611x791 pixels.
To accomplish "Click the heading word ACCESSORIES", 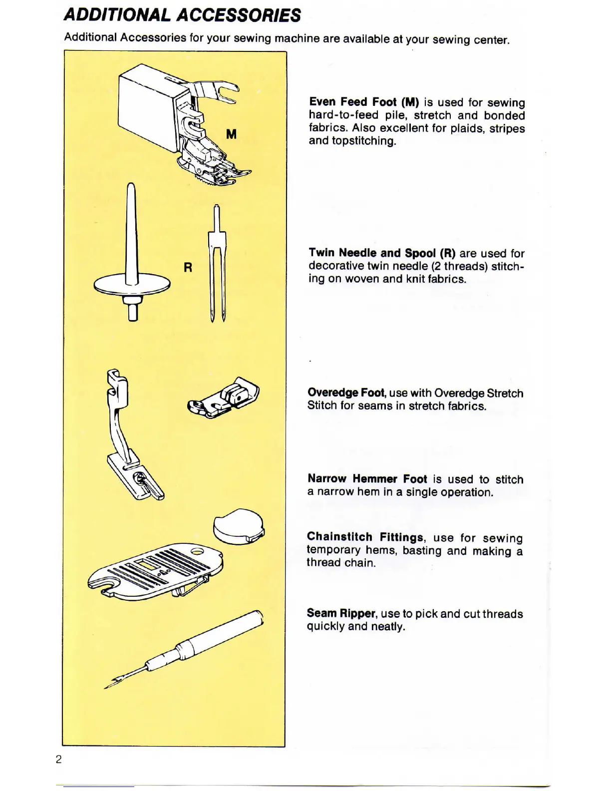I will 239,15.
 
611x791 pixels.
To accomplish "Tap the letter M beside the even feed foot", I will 231,134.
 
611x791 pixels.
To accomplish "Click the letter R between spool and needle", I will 188,268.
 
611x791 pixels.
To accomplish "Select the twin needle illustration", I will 217,265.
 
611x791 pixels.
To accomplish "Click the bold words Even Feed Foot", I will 353,102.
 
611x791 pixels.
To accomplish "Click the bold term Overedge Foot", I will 347,393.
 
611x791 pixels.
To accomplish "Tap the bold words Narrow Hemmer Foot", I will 367,479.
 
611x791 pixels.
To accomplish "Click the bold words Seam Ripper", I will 341,613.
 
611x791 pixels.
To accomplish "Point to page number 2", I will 59,760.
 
